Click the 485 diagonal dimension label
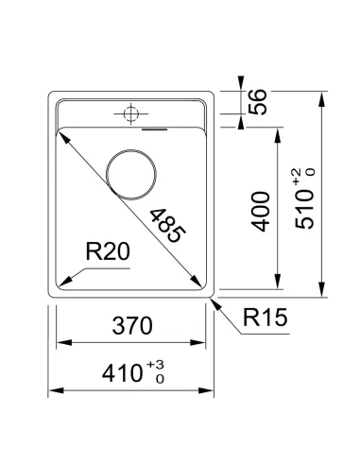(167, 226)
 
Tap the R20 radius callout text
(108, 251)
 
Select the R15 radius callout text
(266, 318)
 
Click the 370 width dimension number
(132, 326)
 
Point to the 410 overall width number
(122, 373)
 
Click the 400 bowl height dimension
(261, 212)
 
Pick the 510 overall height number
(304, 209)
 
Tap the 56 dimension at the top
(258, 102)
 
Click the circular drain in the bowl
(131, 175)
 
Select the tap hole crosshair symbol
(131, 113)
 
